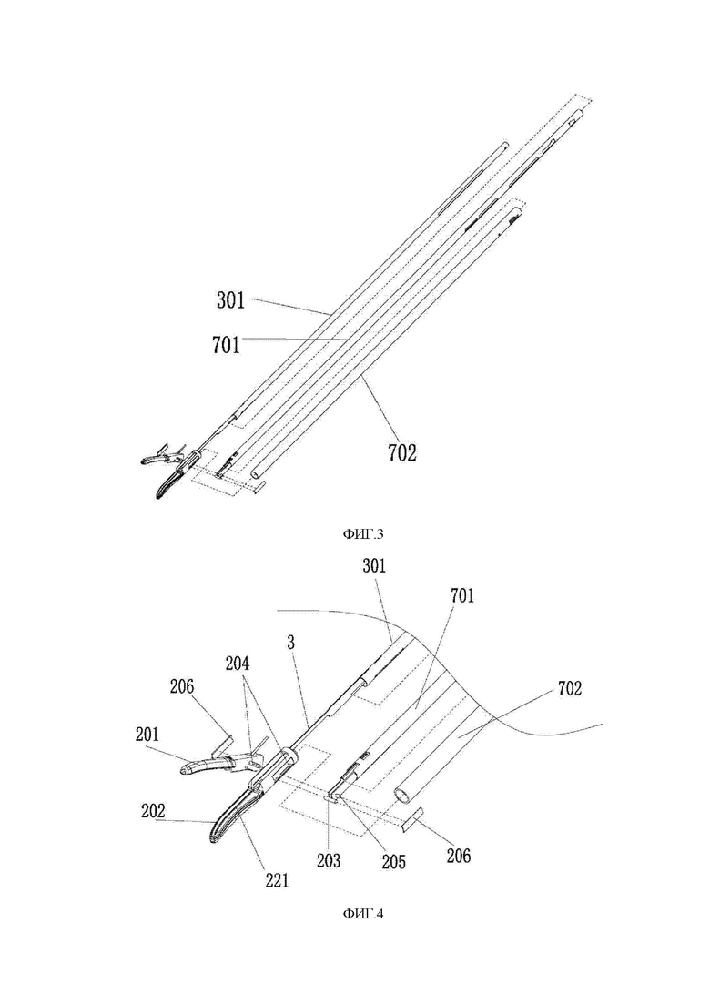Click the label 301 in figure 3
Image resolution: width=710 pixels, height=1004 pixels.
(x=230, y=300)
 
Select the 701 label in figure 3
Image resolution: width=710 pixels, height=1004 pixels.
(x=227, y=345)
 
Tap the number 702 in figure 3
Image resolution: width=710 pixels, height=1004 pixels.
(x=402, y=453)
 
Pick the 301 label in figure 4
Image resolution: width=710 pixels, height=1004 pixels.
(x=374, y=566)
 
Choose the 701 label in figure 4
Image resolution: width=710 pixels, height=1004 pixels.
(x=462, y=596)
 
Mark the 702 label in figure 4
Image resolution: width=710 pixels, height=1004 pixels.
(x=570, y=689)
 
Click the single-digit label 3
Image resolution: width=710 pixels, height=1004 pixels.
(x=291, y=643)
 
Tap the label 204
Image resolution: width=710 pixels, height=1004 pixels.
(x=237, y=664)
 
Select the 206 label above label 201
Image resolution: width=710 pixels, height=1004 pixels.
(x=182, y=687)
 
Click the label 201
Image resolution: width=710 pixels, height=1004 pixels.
(x=147, y=735)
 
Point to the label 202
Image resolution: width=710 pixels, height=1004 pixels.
(x=152, y=811)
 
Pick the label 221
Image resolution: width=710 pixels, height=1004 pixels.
(x=277, y=881)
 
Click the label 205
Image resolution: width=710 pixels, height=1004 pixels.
(x=394, y=862)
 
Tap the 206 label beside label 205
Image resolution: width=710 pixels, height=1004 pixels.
(x=459, y=856)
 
